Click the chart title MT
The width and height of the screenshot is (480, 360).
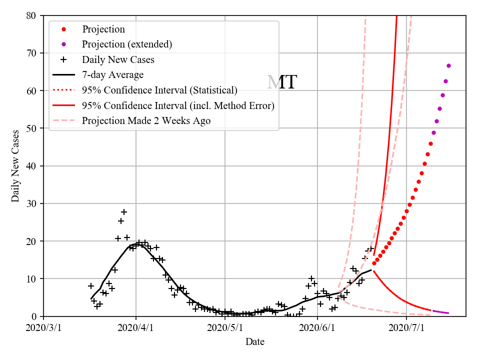click(x=282, y=82)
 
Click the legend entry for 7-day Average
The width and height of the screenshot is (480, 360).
click(x=112, y=75)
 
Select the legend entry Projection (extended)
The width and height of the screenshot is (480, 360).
click(x=127, y=44)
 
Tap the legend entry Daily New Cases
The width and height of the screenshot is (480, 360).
click(x=118, y=59)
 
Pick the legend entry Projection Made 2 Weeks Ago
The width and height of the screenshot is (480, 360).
click(x=146, y=121)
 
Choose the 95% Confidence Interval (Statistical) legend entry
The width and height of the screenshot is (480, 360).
click(x=159, y=90)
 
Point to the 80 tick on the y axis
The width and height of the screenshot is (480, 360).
click(x=32, y=15)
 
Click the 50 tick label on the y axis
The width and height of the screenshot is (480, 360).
click(x=32, y=128)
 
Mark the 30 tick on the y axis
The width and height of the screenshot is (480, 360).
click(x=32, y=203)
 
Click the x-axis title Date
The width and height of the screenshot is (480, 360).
click(x=254, y=342)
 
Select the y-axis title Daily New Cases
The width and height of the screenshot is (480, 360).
click(x=16, y=166)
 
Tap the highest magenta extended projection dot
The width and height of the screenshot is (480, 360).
click(x=448, y=66)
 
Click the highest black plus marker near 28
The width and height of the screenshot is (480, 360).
click(x=124, y=212)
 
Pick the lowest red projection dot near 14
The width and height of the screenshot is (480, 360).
click(x=374, y=263)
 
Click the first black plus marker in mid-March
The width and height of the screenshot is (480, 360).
click(x=91, y=286)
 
